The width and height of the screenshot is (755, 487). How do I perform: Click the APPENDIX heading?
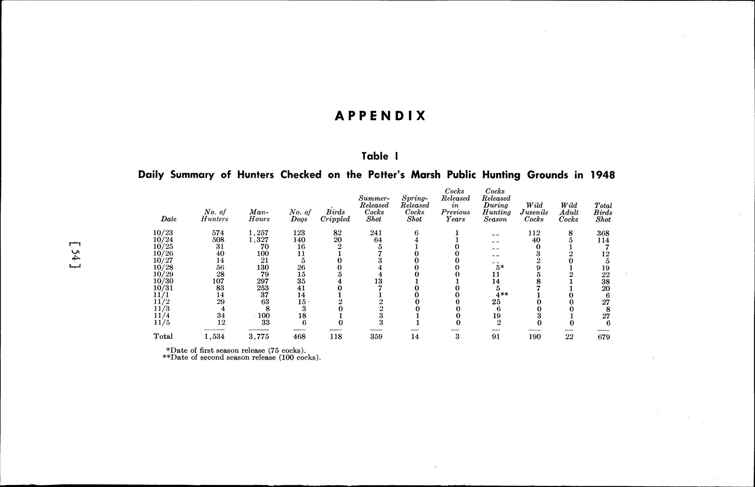(x=380, y=116)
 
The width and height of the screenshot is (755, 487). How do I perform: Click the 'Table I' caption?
(x=380, y=156)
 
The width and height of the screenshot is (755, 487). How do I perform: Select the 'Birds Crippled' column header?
(x=335, y=216)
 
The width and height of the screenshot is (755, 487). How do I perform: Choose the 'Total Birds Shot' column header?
(x=603, y=212)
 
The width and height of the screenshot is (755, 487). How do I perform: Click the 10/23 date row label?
(x=163, y=233)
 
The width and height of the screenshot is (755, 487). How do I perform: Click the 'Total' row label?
(x=163, y=336)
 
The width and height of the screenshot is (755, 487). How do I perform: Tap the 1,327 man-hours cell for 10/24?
(x=258, y=240)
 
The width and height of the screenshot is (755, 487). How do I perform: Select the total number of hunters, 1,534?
(x=214, y=337)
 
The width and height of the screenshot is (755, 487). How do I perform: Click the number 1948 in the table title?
(x=602, y=175)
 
